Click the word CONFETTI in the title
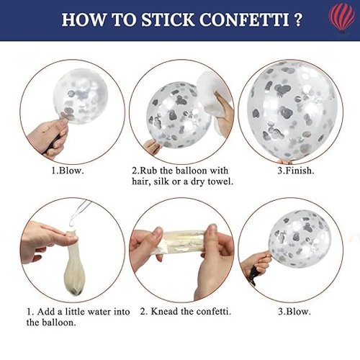[x=244, y=19]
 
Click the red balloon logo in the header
[x=342, y=19]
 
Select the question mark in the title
[x=298, y=19]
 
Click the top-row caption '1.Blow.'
[x=68, y=171]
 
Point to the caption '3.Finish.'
[x=296, y=171]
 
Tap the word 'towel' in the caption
[x=220, y=181]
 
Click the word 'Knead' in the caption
[x=165, y=312]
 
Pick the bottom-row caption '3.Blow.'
[x=294, y=312]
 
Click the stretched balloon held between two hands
[x=184, y=241]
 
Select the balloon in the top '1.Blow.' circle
[x=80, y=96]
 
